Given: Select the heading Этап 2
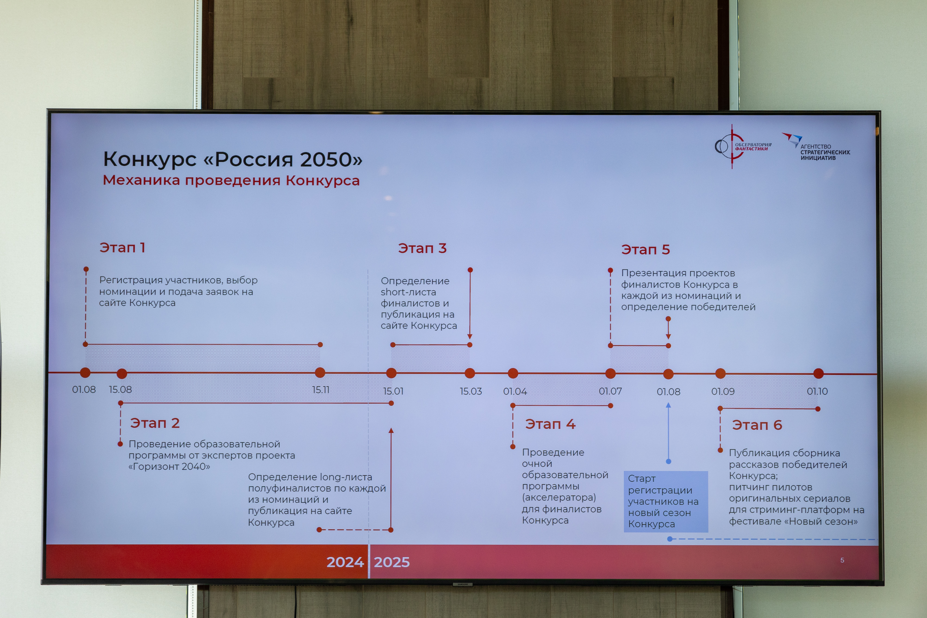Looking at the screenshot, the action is coord(155,423).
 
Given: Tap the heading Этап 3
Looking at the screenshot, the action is coord(422,248).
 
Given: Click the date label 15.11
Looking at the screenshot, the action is coord(321,390).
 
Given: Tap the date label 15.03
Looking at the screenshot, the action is coord(471,391).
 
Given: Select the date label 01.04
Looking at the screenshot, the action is coord(515,391).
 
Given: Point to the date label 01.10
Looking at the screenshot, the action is coord(817,391).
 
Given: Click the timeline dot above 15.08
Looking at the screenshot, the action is coord(122,373).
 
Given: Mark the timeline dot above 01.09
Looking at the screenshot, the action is coord(720,373).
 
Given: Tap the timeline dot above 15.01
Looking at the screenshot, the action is coord(391,373).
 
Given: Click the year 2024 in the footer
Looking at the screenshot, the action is coord(345,562).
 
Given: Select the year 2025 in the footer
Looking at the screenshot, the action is coord(392,562).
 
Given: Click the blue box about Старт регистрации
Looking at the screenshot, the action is coord(666,501).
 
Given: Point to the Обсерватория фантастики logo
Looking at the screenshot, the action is coord(743,147).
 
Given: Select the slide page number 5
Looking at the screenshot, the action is coord(842,560).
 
